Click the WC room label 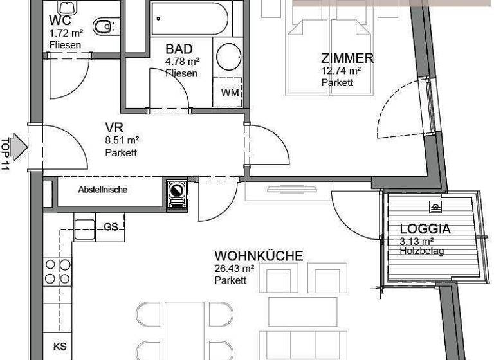[58, 19]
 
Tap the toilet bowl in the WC [103, 26]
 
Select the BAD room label [178, 50]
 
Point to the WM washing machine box [230, 93]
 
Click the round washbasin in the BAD [229, 57]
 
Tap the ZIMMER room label [347, 59]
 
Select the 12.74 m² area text [341, 71]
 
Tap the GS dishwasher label [111, 227]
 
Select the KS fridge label [60, 346]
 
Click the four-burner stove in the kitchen [57, 271]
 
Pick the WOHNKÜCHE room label [259, 256]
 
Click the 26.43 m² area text [235, 269]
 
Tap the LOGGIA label [425, 229]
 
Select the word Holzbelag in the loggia [422, 251]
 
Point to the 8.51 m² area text [122, 140]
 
